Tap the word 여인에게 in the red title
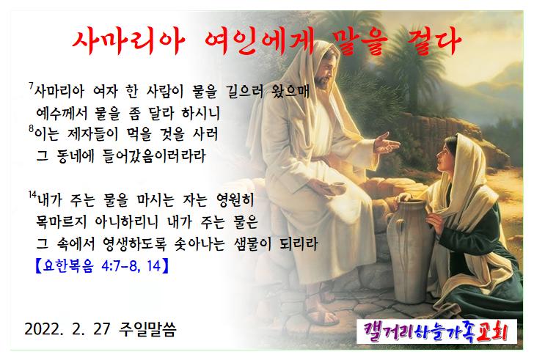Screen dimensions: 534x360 pyautogui.click(x=258, y=42)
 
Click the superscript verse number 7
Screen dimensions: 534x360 pyautogui.click(x=31, y=86)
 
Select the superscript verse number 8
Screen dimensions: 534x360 pyautogui.click(x=31, y=129)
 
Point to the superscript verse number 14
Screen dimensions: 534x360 pyautogui.click(x=32, y=194)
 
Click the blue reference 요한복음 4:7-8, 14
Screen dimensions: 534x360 pyautogui.click(x=102, y=265)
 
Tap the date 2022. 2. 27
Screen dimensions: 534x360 pyautogui.click(x=67, y=328)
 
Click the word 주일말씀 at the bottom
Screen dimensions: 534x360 pyautogui.click(x=147, y=329)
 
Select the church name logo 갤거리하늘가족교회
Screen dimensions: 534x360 pyautogui.click(x=436, y=331)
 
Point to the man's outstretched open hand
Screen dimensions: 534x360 pyautogui.click(x=387, y=144)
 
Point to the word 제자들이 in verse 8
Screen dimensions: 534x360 pyautogui.click(x=92, y=135)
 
